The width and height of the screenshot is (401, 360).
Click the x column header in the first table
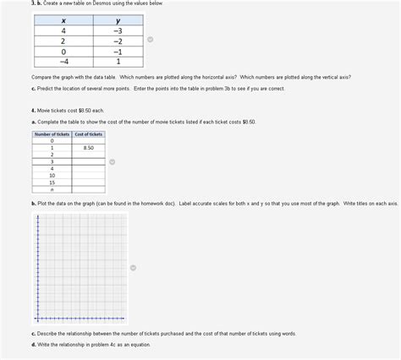coord(63,21)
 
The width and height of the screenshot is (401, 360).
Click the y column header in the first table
coord(118,21)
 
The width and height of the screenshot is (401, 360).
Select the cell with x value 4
coord(63,31)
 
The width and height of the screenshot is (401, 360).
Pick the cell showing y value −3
coord(118,31)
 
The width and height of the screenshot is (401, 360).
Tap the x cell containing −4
coord(63,61)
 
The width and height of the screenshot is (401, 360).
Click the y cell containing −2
coord(118,41)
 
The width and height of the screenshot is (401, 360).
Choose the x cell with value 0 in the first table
coord(63,51)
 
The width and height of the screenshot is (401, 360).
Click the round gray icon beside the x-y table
coord(150,39)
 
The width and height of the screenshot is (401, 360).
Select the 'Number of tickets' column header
coord(52,134)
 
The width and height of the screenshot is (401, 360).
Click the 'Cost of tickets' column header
coord(88,134)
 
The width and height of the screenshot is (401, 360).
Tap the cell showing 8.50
coord(88,148)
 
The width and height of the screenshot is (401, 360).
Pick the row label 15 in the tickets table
coord(52,182)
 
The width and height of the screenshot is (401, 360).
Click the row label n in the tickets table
coord(52,189)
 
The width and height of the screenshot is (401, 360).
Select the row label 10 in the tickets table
coord(52,175)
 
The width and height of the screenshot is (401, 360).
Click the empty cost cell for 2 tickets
coord(88,155)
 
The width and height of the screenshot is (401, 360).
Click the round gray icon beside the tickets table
coord(112,162)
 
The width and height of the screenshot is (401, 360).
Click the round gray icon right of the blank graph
coord(133,268)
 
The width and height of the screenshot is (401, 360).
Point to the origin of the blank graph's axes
coord(38,319)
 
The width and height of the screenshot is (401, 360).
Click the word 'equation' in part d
coord(141,345)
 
